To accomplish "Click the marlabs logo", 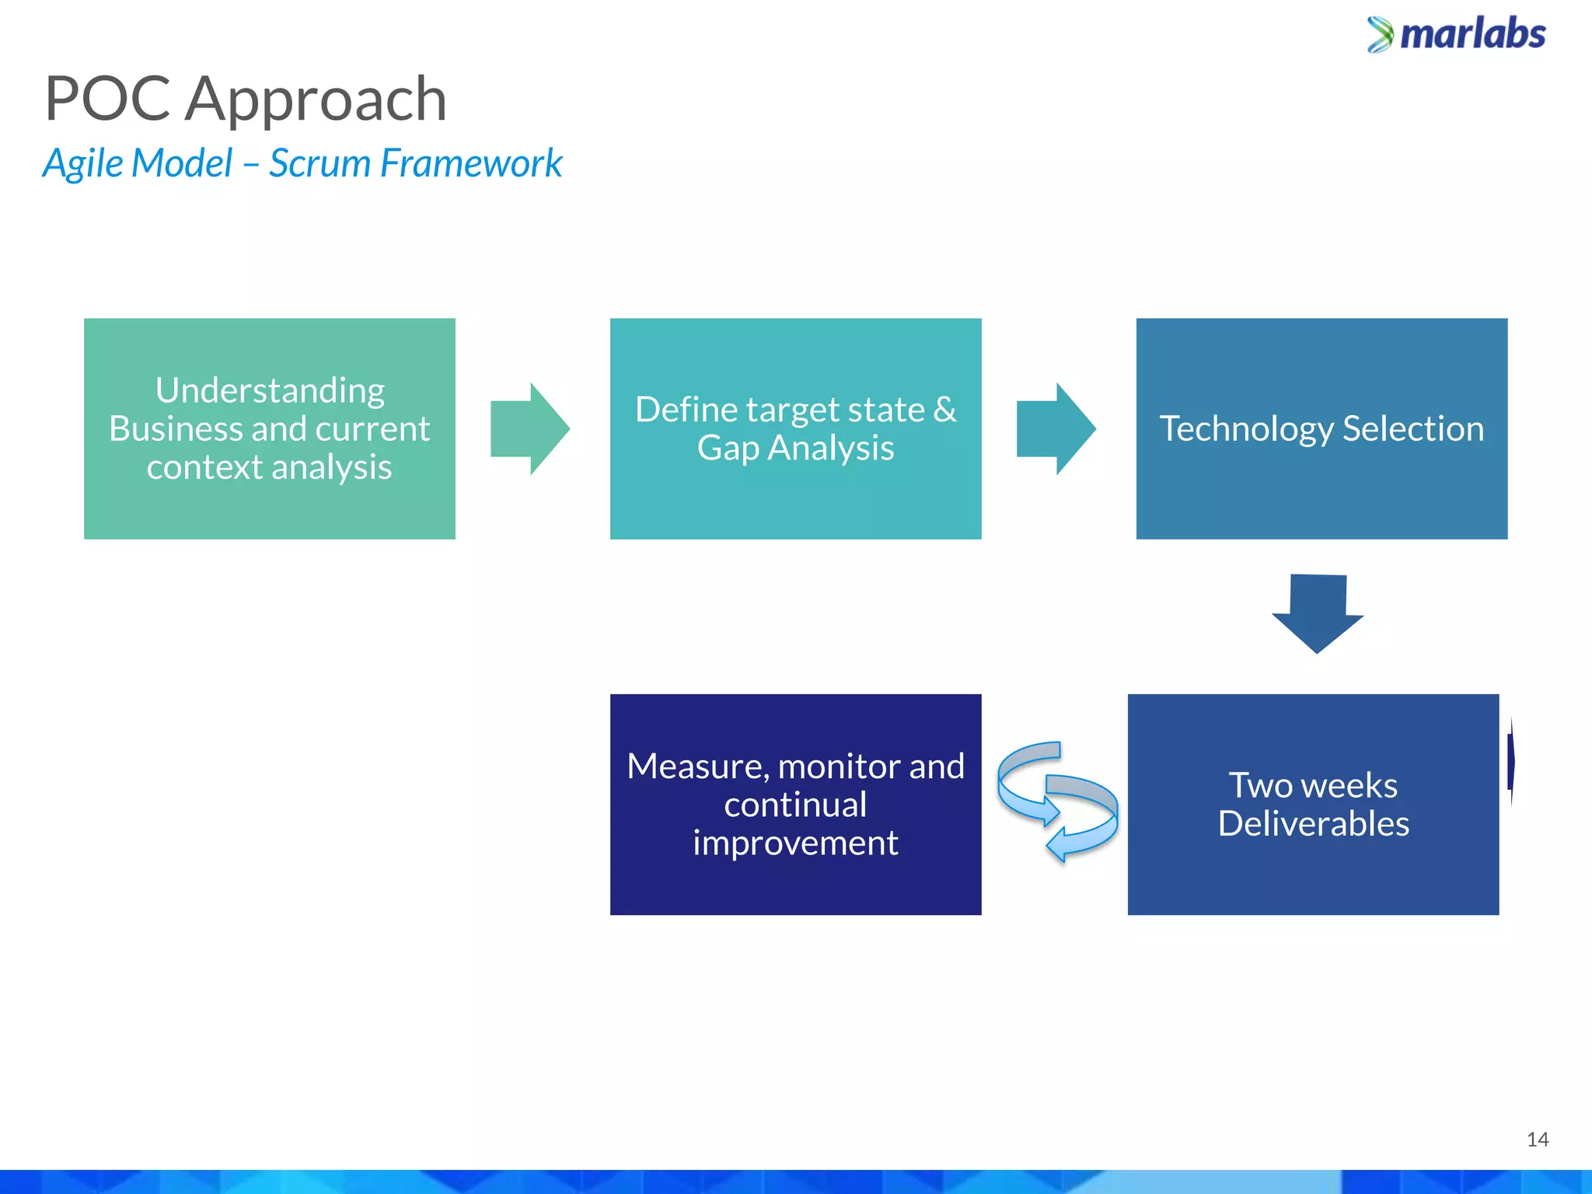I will click(1456, 35).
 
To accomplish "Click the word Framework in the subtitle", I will click(471, 163).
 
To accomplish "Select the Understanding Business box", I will click(269, 428).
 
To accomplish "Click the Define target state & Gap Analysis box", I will click(795, 428).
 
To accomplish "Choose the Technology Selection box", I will click(1321, 428).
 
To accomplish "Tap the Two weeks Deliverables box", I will click(1313, 805).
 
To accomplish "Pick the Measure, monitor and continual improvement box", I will click(795, 805).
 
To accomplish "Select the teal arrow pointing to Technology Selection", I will click(1056, 428).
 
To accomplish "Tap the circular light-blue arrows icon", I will click(1057, 802).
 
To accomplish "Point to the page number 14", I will click(1537, 1140).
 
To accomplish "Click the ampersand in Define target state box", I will click(944, 410).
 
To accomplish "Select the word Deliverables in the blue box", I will click(1313, 824).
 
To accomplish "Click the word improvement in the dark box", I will click(795, 843).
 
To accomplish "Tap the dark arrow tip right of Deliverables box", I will click(1511, 762).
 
